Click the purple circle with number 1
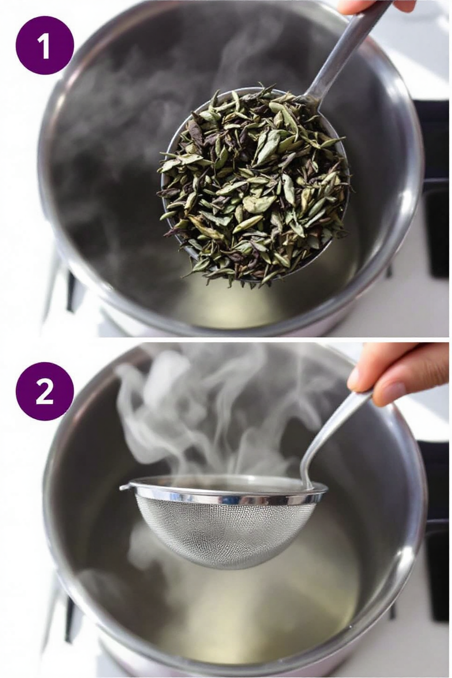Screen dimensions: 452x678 (x=44, y=45)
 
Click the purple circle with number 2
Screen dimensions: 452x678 (x=44, y=392)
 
